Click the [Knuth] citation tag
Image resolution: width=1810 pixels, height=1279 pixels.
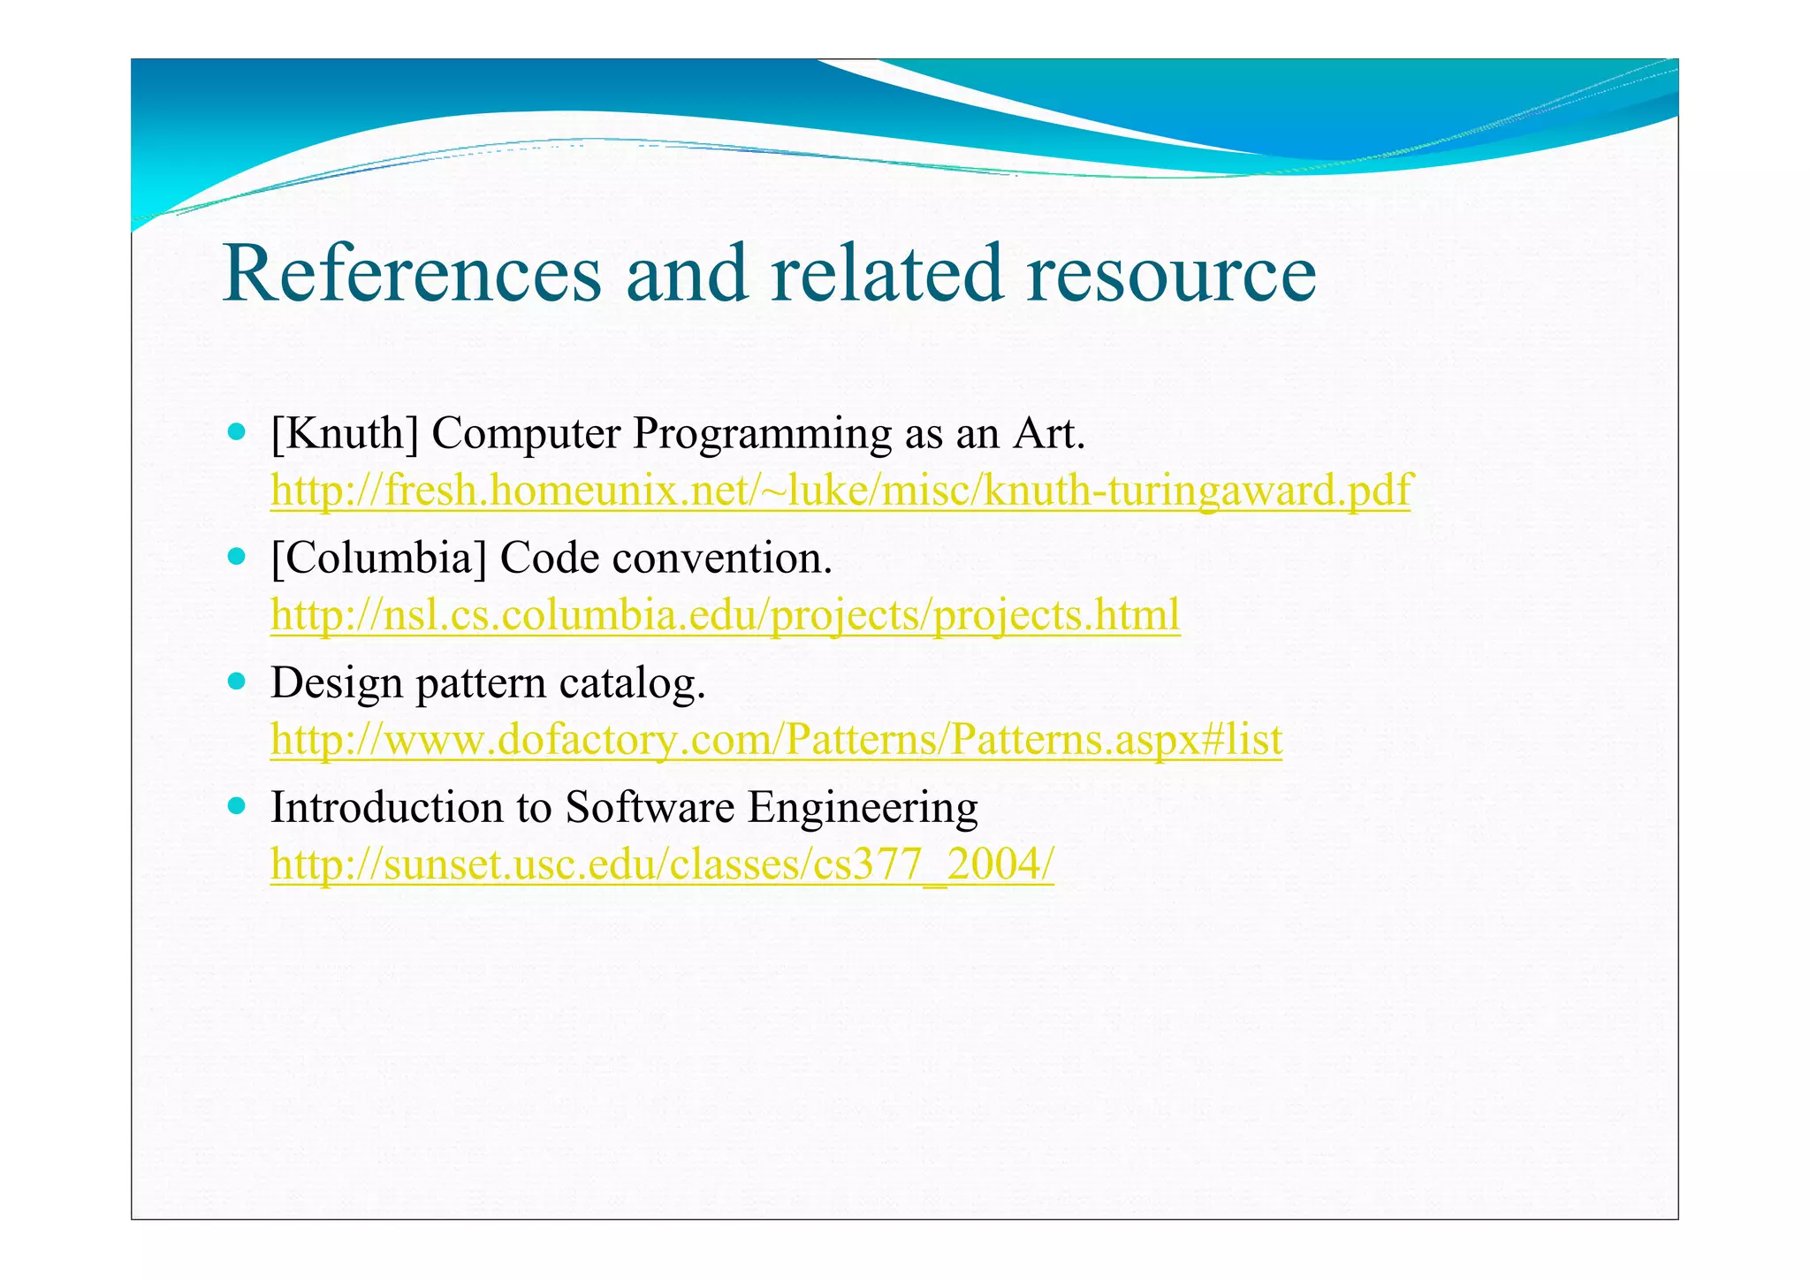click(x=345, y=434)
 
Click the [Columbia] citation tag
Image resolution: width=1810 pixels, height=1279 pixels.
click(x=379, y=559)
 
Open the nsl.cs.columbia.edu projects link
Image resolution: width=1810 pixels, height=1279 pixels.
click(x=725, y=614)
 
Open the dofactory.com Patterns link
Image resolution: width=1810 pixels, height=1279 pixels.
click(x=776, y=739)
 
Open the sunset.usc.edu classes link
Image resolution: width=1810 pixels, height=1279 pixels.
click(x=662, y=864)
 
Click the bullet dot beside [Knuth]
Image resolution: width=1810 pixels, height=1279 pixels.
click(x=236, y=433)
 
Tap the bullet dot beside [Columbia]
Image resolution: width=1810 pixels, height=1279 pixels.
click(x=236, y=558)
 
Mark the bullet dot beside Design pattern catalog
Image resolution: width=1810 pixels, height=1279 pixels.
click(x=236, y=682)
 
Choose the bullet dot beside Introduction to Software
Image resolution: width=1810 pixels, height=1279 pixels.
click(x=236, y=806)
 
